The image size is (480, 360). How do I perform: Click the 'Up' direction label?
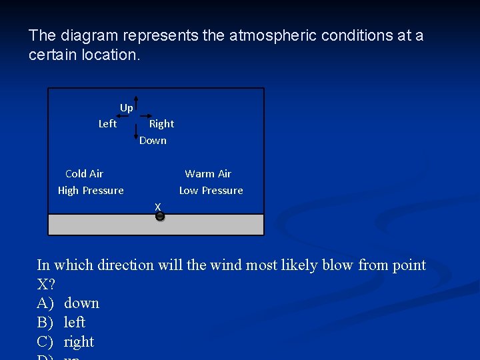click(126, 107)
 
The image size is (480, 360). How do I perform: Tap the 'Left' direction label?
click(107, 123)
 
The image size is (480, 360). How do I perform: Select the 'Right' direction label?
click(161, 123)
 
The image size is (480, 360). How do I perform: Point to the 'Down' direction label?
click(153, 140)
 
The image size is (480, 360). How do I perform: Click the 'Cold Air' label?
click(84, 173)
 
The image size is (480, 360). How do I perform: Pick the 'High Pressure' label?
click(91, 190)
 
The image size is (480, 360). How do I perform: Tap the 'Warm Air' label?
click(208, 173)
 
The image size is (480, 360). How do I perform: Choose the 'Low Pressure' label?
click(211, 190)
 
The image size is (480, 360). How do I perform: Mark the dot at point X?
click(159, 216)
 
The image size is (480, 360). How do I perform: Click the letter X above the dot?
click(158, 207)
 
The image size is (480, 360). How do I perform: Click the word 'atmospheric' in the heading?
click(273, 35)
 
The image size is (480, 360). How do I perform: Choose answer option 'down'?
click(81, 303)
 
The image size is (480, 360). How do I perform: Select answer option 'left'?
click(75, 323)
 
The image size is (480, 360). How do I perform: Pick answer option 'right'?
click(79, 342)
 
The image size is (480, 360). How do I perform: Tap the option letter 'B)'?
click(45, 323)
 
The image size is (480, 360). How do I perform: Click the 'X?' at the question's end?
click(47, 284)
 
